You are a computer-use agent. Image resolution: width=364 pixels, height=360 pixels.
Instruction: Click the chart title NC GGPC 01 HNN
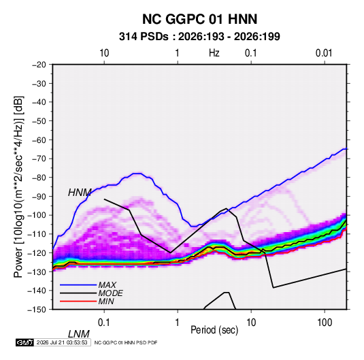[x=199, y=19]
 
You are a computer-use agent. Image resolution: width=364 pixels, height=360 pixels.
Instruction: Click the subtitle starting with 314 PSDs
[x=199, y=37]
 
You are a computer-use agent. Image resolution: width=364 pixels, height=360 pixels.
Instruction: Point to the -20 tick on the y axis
[x=39, y=65]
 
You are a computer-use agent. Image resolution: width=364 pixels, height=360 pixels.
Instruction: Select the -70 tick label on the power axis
[x=39, y=159]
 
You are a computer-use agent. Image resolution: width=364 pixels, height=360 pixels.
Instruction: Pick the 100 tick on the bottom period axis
[x=325, y=323]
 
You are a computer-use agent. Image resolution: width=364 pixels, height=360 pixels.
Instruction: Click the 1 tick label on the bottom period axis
[x=178, y=323]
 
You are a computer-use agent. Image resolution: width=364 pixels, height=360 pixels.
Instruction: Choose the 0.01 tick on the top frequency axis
[x=324, y=53]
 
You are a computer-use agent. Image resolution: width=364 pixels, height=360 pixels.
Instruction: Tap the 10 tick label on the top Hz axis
[x=104, y=53]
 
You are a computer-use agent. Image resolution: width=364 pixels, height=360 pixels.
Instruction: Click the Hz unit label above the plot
[x=214, y=53]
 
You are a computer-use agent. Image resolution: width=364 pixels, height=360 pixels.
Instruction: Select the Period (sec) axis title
[x=214, y=330]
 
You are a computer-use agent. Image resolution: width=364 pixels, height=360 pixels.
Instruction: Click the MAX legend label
[x=107, y=285]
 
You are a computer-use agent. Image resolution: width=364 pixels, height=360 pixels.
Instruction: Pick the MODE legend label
[x=110, y=293]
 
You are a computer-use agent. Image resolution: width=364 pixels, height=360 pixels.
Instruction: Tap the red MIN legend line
[x=78, y=301]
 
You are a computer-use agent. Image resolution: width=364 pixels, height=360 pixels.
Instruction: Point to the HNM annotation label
[x=80, y=193]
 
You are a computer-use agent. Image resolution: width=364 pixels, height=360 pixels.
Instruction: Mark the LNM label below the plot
[x=79, y=334]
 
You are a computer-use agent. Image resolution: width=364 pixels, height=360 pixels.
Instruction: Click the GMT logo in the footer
[x=24, y=342]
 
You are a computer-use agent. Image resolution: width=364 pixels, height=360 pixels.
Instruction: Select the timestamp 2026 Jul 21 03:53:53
[x=62, y=342]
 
